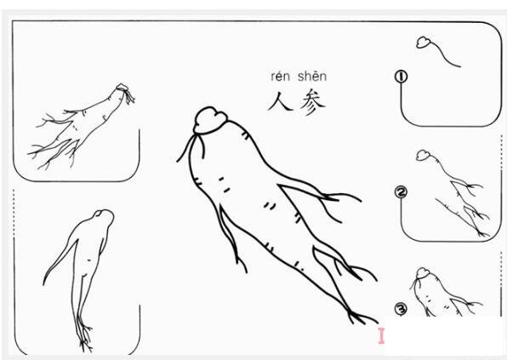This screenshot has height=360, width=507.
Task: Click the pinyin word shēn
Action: pos(311,77)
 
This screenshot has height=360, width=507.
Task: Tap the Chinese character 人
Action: pos(279,102)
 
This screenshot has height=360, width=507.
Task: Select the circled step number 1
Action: pos(401,77)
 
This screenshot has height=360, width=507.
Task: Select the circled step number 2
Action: pos(401,191)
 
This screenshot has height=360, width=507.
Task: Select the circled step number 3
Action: pos(401,308)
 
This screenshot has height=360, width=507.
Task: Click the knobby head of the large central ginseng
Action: pos(207,119)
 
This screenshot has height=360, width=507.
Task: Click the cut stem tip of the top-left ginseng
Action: pos(125,90)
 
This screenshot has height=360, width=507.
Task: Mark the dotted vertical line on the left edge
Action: pos(14,255)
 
